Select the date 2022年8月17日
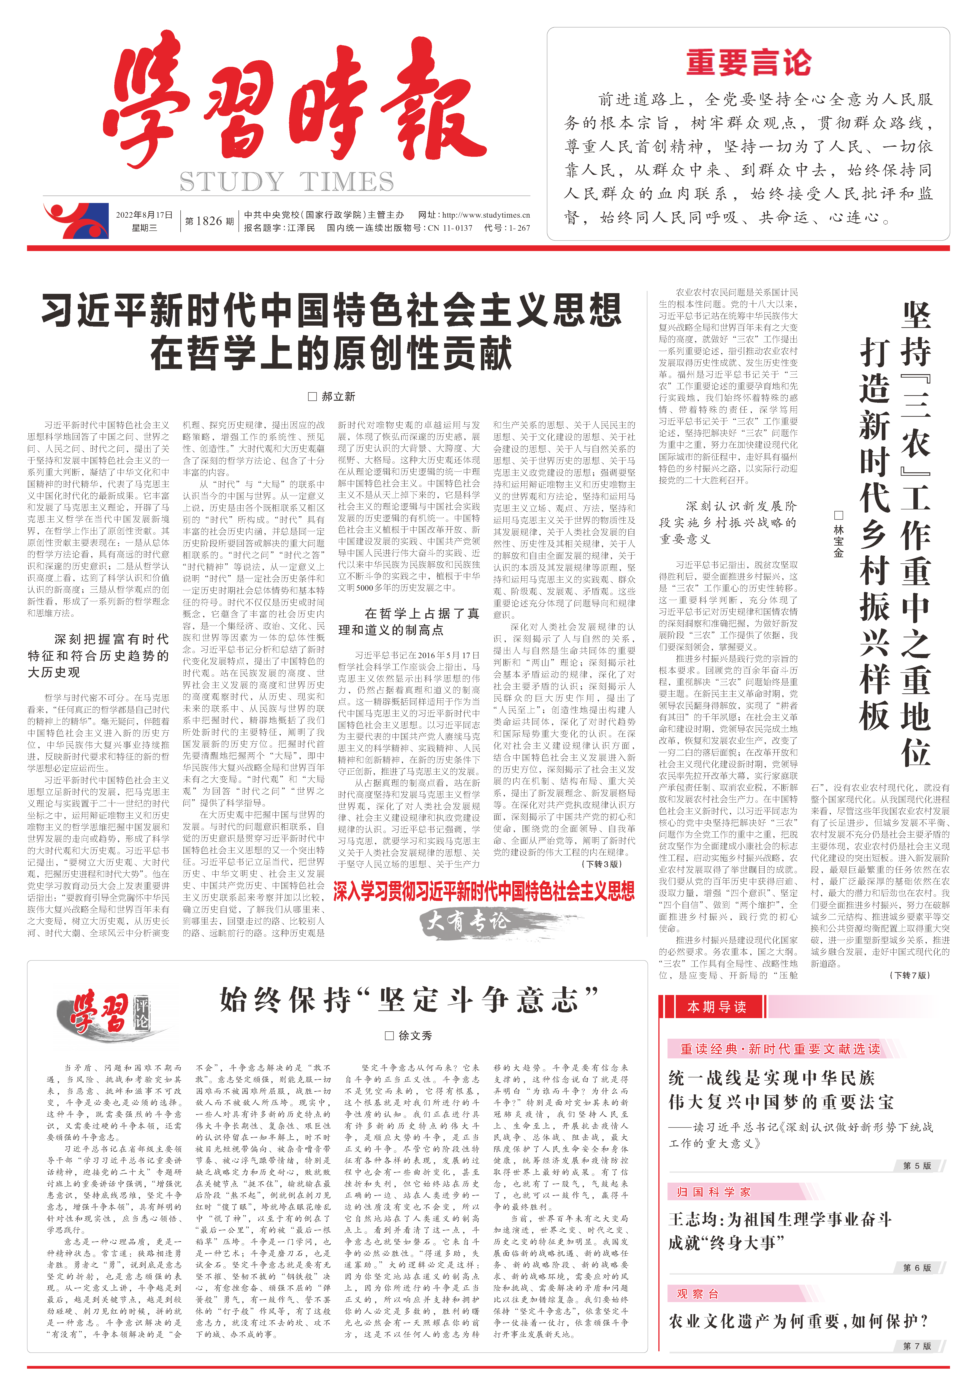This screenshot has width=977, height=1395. (144, 214)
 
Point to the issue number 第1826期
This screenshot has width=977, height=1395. (209, 221)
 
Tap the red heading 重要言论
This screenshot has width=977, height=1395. (749, 63)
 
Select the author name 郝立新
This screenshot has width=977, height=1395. (332, 396)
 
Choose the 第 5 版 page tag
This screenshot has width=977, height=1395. (916, 1165)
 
